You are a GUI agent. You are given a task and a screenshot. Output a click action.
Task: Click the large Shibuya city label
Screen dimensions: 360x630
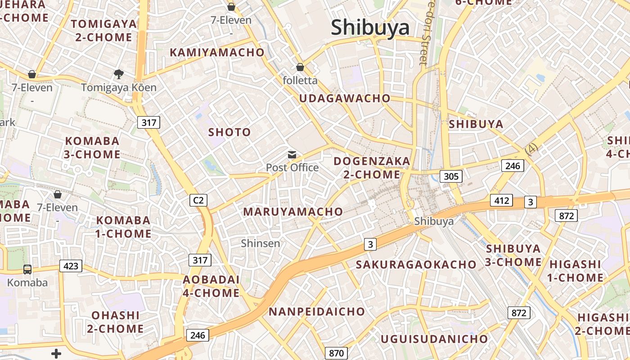(370, 28)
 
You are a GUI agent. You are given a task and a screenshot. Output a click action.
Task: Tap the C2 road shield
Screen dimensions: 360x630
(198, 200)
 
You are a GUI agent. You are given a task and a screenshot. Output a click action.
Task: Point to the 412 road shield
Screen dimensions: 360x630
(501, 200)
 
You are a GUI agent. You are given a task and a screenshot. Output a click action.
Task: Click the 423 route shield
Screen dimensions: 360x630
(71, 266)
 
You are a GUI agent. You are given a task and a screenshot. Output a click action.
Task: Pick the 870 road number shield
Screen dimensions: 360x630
(336, 353)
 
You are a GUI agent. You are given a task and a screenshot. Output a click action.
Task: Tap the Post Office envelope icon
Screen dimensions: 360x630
(292, 155)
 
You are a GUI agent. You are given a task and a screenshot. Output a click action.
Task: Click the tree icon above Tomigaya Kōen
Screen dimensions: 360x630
(119, 74)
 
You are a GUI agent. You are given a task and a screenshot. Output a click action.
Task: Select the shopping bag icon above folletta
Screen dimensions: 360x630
(300, 67)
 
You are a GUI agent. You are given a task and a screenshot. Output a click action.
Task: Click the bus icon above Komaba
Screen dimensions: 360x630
(27, 270)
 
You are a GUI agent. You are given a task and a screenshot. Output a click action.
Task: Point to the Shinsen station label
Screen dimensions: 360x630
(261, 243)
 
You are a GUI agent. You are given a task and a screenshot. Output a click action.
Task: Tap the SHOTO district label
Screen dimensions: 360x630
(229, 132)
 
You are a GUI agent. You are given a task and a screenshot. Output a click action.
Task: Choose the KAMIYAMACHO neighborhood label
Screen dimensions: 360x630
(217, 53)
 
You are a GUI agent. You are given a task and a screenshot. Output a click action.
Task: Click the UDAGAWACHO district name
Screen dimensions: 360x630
(345, 99)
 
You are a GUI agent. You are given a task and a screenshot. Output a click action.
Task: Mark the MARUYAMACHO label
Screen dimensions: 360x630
(293, 211)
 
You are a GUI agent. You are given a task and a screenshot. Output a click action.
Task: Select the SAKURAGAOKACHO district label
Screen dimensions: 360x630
(416, 265)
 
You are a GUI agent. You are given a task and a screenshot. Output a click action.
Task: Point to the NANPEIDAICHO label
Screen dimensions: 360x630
(317, 311)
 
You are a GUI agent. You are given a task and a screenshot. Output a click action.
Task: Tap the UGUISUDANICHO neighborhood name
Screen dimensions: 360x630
(434, 339)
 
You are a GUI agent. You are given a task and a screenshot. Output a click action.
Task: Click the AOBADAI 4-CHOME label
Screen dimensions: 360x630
(211, 286)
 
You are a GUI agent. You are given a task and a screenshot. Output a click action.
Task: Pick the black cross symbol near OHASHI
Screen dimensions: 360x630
(56, 354)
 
